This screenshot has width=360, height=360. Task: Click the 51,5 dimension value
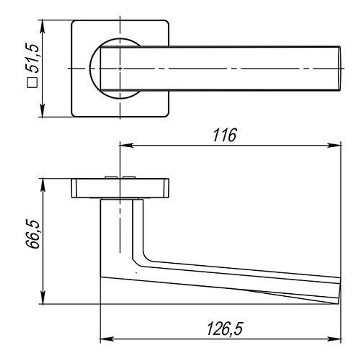coord(32,58)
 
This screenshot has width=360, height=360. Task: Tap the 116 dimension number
coord(225,135)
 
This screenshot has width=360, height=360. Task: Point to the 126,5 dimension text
coord(225,329)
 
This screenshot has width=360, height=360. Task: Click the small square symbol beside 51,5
coord(32,83)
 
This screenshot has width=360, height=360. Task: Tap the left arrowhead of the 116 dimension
coord(126,145)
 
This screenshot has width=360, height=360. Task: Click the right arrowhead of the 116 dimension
coord(334,145)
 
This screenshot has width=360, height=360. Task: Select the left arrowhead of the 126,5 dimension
coord(107,339)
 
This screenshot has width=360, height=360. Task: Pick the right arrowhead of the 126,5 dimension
coord(334,339)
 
